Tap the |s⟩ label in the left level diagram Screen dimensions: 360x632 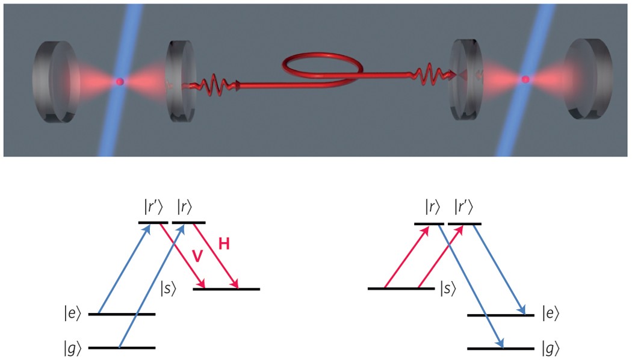(170, 288)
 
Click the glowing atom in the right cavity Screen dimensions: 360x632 (525, 79)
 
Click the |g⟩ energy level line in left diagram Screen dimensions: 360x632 (122, 347)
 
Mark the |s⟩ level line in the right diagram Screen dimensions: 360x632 (400, 288)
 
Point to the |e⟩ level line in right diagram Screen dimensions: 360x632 (500, 315)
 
